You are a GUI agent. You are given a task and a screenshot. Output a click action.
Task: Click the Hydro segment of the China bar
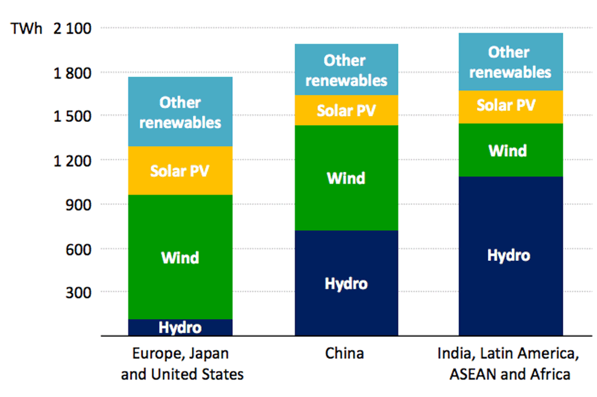click(347, 283)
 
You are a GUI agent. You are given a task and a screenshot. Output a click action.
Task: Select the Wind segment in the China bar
click(347, 178)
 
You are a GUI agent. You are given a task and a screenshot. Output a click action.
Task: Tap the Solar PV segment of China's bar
click(347, 110)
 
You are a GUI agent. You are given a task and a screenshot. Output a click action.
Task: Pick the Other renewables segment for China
click(347, 69)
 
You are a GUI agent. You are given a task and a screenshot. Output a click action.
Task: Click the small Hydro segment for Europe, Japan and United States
click(180, 328)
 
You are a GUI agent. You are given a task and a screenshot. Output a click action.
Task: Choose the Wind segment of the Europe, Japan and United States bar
click(180, 257)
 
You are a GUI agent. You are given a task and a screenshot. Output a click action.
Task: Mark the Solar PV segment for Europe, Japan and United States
click(180, 171)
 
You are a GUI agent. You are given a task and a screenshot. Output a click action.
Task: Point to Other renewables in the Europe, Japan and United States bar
click(180, 112)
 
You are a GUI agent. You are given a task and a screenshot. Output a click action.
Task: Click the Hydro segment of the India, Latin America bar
click(511, 256)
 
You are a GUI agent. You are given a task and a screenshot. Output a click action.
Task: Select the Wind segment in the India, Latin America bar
click(511, 150)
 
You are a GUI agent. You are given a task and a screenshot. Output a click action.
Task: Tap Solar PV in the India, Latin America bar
click(511, 107)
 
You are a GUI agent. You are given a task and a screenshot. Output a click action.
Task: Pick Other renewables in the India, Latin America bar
click(511, 62)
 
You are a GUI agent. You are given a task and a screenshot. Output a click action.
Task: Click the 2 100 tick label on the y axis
click(72, 29)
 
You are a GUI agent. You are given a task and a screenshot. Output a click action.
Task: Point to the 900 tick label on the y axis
click(79, 205)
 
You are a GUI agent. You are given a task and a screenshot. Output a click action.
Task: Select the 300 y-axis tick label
click(79, 293)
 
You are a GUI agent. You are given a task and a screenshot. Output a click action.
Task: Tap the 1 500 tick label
click(72, 117)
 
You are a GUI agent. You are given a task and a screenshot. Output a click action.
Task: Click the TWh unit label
click(26, 29)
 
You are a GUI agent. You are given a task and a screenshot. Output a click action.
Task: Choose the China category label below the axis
click(345, 354)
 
